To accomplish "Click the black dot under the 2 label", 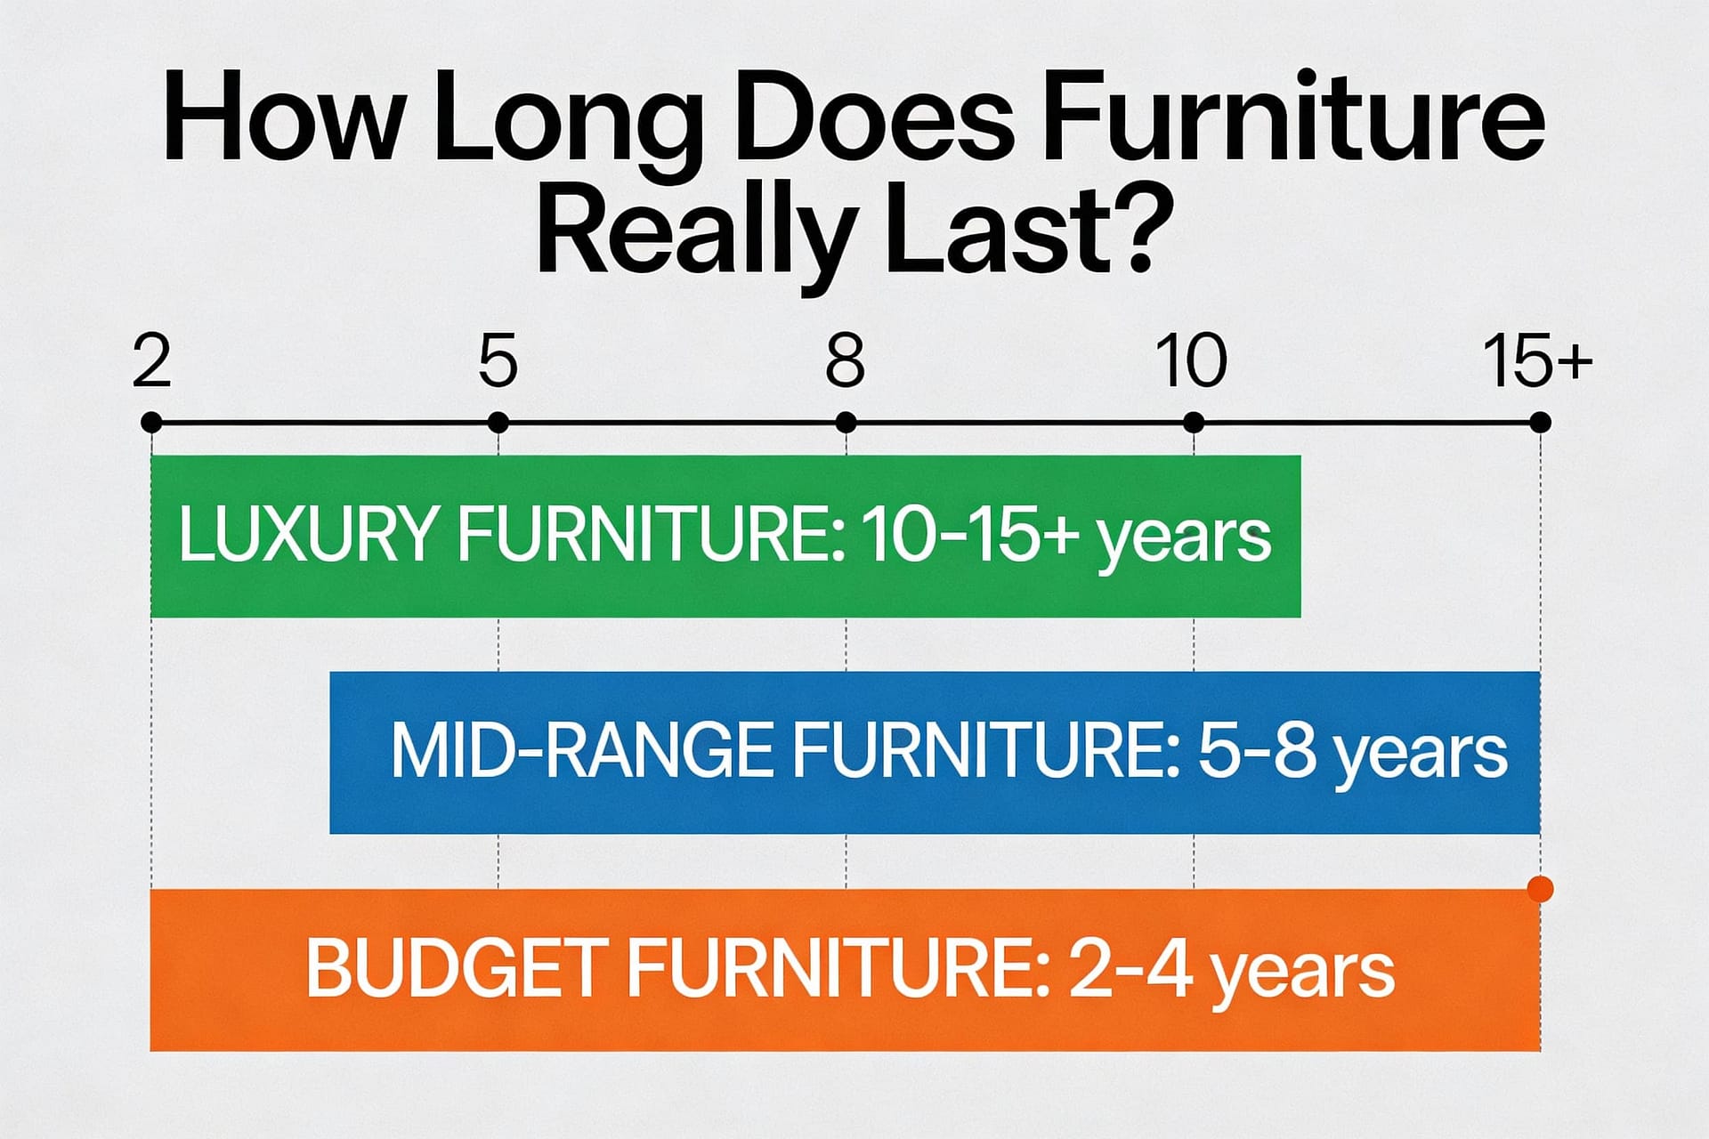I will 151,423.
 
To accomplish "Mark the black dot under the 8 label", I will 846,423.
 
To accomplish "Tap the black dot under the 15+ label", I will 1540,423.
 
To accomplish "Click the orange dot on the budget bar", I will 1540,889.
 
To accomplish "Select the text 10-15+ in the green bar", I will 971,535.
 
